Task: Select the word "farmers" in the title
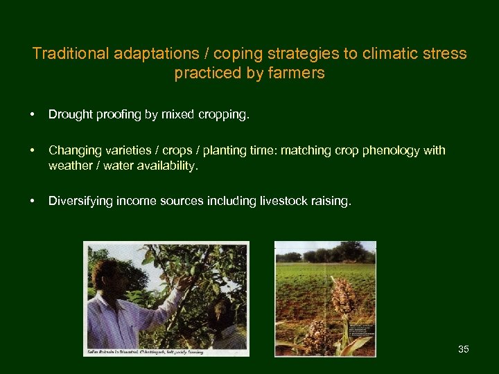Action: tap(298, 73)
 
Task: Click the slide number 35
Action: tap(464, 349)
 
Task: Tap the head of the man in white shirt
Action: tap(106, 274)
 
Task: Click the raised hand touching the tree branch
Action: tap(184, 281)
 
